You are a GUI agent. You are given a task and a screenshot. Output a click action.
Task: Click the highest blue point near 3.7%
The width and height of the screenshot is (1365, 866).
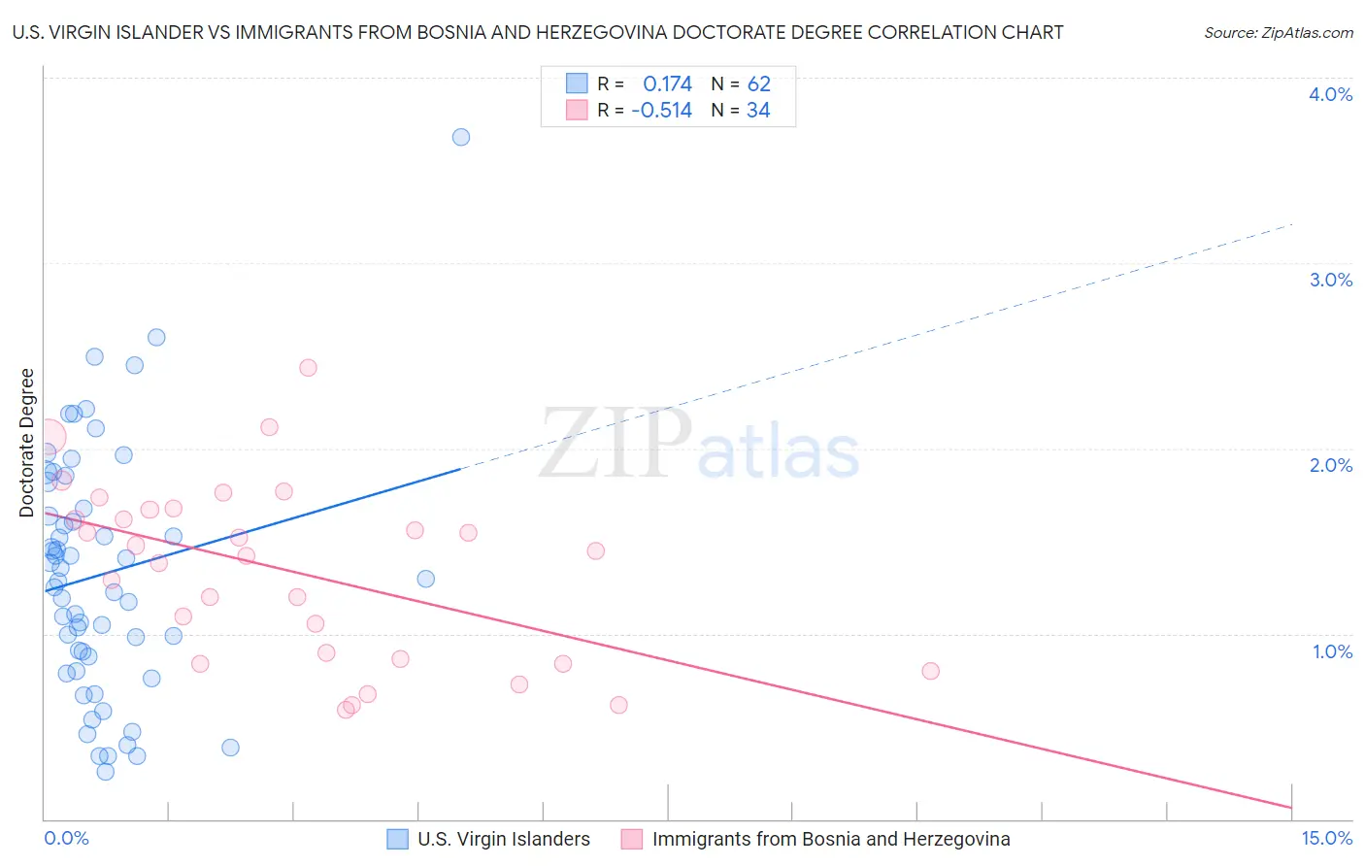[x=461, y=137]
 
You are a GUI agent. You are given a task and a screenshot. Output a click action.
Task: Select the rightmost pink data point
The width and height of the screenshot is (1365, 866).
[x=930, y=671]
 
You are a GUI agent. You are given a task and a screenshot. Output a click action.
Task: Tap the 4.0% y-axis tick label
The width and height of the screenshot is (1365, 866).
[x=1330, y=94]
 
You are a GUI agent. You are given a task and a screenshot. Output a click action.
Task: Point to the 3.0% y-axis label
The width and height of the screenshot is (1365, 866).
[x=1330, y=280]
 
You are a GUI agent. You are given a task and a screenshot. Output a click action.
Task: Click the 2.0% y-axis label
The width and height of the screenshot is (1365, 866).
[x=1330, y=465]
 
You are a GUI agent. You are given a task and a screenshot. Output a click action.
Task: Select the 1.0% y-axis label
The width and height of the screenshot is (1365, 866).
[x=1332, y=651]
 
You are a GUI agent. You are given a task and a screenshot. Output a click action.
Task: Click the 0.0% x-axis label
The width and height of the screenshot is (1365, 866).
[x=66, y=839]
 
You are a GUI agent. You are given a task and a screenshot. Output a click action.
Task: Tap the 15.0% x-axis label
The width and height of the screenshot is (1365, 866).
[x=1326, y=839]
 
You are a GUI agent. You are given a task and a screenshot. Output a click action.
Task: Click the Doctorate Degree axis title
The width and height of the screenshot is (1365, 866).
[x=26, y=443]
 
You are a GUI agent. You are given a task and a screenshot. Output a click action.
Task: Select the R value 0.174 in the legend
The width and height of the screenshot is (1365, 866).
[x=667, y=84]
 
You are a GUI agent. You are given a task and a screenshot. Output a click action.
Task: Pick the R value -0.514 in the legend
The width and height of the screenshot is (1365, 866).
[x=661, y=111]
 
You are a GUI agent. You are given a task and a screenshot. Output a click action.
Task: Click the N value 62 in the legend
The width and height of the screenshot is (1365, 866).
[x=758, y=84]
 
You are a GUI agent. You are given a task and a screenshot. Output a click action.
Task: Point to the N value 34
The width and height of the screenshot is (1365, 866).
[x=758, y=111]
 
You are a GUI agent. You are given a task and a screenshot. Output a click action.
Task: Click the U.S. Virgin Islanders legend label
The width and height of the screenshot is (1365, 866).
[x=503, y=840]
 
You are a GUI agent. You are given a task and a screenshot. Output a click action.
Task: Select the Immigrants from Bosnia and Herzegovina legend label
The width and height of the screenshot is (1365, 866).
[x=830, y=840]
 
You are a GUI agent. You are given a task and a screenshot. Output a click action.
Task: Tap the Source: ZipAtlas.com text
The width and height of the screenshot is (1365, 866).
[x=1278, y=33]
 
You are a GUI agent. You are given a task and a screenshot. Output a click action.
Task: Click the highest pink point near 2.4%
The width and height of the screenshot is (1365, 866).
[x=308, y=367]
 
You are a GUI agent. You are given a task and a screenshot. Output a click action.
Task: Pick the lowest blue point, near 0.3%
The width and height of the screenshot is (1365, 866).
[x=106, y=772]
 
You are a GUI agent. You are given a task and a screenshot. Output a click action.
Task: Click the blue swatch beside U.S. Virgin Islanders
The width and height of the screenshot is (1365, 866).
[x=397, y=840]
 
